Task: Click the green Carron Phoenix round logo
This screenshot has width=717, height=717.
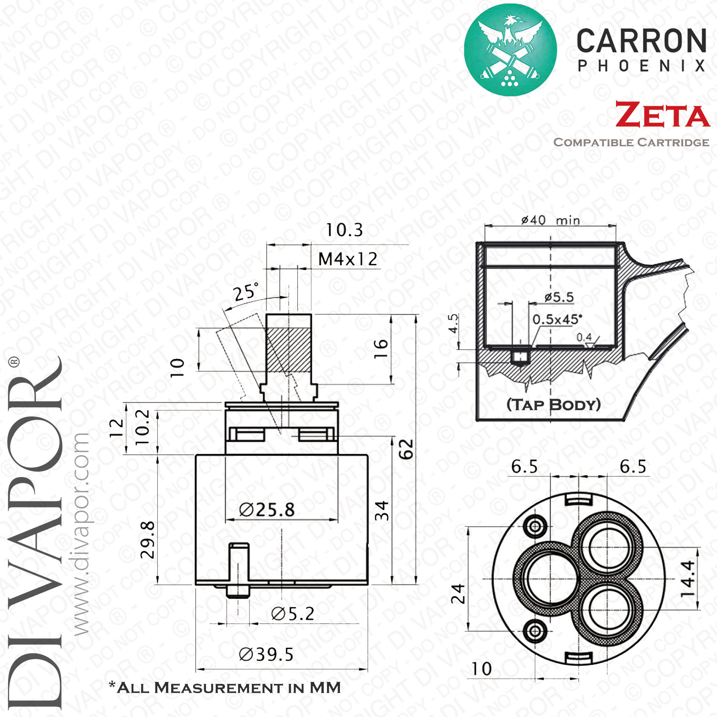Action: pos(510,49)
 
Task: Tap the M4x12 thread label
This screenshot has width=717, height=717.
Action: pos(348,259)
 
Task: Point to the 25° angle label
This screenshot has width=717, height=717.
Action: pos(247,291)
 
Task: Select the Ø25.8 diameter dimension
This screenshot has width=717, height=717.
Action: pos(267,510)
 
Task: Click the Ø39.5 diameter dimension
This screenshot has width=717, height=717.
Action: pos(266,654)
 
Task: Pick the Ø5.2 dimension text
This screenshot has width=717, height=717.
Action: pos(293,614)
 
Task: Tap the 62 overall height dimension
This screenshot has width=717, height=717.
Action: pos(406,449)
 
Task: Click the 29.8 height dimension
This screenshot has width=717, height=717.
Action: pos(147,540)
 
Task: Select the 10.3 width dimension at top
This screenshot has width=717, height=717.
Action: pos(344,230)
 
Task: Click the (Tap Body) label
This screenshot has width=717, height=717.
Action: pos(554,404)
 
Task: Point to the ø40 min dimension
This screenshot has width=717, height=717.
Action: pos(550,220)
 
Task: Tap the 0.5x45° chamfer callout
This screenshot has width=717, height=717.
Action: pos(557,319)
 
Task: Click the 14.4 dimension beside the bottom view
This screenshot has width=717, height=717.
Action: pos(687,578)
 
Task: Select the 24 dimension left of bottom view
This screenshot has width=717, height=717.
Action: pos(458,594)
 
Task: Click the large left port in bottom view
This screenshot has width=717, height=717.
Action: pos(541,579)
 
